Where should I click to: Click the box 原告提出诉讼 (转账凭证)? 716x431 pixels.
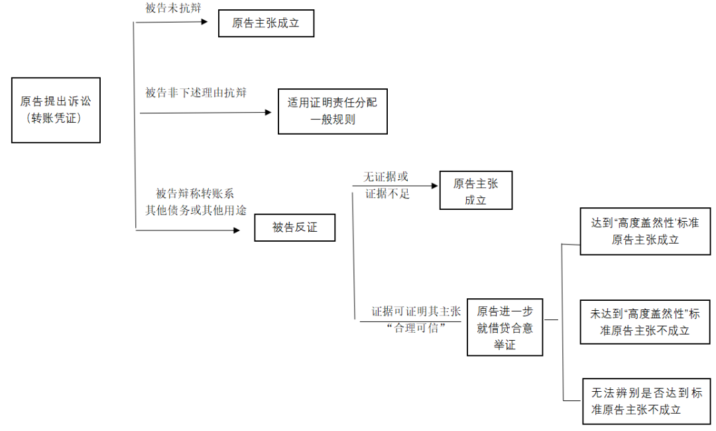56,110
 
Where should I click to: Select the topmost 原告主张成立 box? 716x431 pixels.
266,23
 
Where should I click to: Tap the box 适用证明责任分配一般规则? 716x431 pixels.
332,112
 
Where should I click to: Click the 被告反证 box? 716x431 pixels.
294,228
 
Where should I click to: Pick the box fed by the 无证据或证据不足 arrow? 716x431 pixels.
475,191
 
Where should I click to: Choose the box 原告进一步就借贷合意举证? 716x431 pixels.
505,327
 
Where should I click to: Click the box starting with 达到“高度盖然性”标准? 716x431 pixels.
645,231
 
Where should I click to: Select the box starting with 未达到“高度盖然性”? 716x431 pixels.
645,321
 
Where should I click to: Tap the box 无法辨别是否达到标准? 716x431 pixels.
645,401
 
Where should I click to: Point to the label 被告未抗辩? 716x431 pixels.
173,8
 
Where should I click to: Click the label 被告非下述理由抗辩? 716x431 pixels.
196,93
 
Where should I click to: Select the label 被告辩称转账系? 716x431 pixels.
195,193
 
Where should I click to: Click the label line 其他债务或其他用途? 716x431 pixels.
196,210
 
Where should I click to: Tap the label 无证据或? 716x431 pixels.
385,177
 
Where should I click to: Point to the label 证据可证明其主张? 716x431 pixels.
416,311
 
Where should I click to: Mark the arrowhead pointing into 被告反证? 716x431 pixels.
236,230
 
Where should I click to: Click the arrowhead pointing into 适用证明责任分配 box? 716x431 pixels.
268,112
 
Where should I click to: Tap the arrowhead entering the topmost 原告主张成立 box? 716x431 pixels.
207,21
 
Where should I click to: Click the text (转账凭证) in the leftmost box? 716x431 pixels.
56,118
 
